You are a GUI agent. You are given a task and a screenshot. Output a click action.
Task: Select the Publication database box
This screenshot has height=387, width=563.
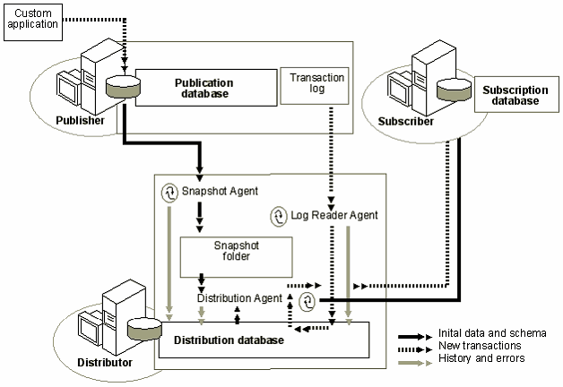[x=201, y=88]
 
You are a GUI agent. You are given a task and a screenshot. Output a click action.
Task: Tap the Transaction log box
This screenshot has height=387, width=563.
[x=316, y=84]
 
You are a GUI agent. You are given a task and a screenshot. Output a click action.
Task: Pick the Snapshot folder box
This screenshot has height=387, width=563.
[x=230, y=250]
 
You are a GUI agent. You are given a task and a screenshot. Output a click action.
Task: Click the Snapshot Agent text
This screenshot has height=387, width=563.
[x=221, y=191]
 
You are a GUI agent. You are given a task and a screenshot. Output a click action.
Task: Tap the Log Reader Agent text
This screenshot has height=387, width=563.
[x=333, y=216]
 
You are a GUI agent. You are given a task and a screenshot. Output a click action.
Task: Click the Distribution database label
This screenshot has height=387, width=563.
[x=229, y=340]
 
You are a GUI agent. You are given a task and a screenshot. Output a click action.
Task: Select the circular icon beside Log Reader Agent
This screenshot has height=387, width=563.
[x=279, y=216]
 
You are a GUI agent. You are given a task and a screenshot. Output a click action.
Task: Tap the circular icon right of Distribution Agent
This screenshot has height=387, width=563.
[x=307, y=300]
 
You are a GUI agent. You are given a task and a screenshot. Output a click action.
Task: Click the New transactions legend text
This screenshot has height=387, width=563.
[x=474, y=345]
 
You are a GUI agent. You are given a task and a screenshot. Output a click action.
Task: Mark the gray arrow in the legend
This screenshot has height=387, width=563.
[x=414, y=358]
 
